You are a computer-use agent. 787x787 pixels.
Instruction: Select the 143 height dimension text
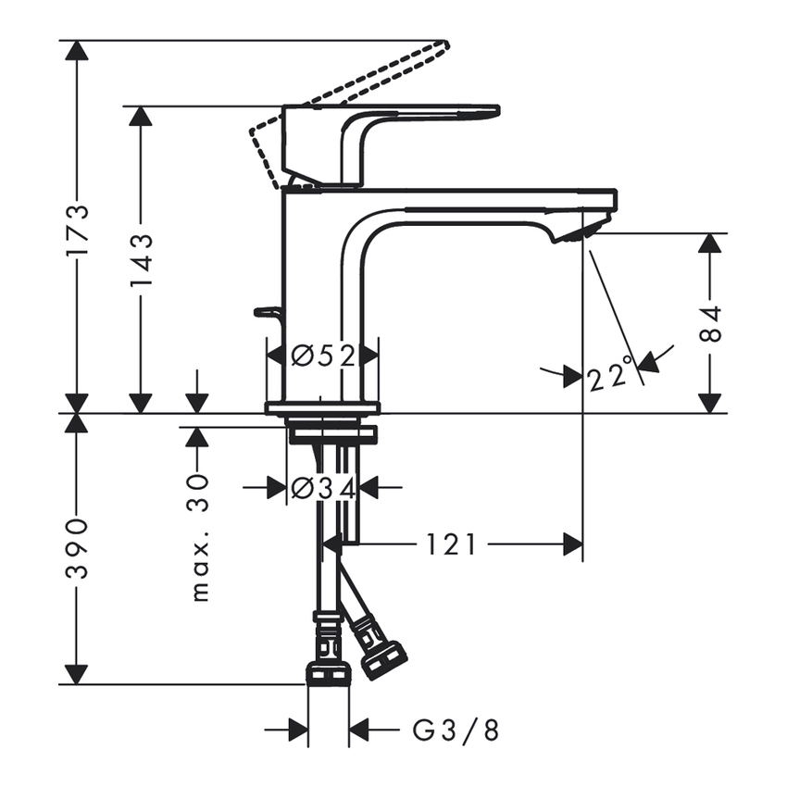pos(141,260)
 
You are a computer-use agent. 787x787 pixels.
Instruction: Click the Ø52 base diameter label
pos(322,356)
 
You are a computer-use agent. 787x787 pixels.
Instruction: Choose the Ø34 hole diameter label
pos(322,487)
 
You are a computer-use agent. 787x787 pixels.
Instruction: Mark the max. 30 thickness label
pos(197,537)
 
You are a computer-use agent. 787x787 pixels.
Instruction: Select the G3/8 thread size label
pos(456,731)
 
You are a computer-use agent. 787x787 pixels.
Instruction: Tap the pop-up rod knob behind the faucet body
pos(267,313)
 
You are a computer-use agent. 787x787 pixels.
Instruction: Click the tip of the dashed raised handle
pos(443,44)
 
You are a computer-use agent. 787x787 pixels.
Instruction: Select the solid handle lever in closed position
pos(417,112)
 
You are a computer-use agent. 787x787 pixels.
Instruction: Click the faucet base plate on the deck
pos(322,407)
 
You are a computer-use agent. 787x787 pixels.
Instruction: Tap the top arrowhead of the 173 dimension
pos(77,51)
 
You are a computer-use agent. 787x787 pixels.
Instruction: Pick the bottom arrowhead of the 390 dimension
pos(77,675)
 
